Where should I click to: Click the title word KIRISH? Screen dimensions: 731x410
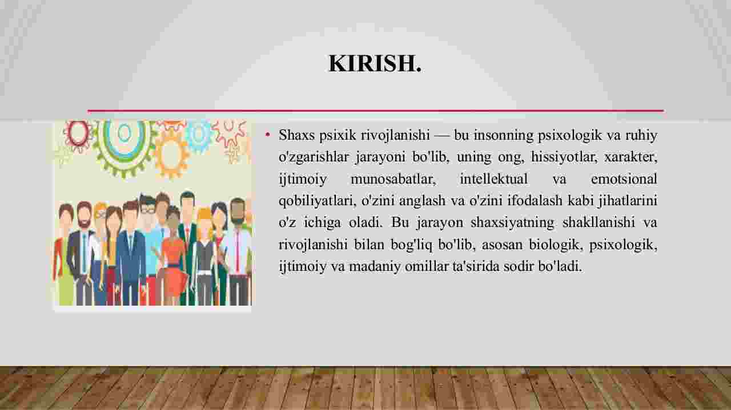tap(375, 63)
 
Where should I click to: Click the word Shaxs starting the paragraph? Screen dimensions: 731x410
tap(296, 135)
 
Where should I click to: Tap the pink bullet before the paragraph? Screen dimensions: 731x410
tap(268, 134)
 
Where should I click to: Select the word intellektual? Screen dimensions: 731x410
tap(494, 178)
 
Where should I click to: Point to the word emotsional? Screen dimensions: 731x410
tap(624, 178)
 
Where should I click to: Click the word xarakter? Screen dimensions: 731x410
tap(630, 157)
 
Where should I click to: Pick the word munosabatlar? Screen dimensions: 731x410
tap(393, 179)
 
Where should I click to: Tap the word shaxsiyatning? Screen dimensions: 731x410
tap(512, 223)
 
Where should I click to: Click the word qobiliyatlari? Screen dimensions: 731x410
tap(318, 201)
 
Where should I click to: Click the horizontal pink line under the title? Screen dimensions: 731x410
tap(376, 111)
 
